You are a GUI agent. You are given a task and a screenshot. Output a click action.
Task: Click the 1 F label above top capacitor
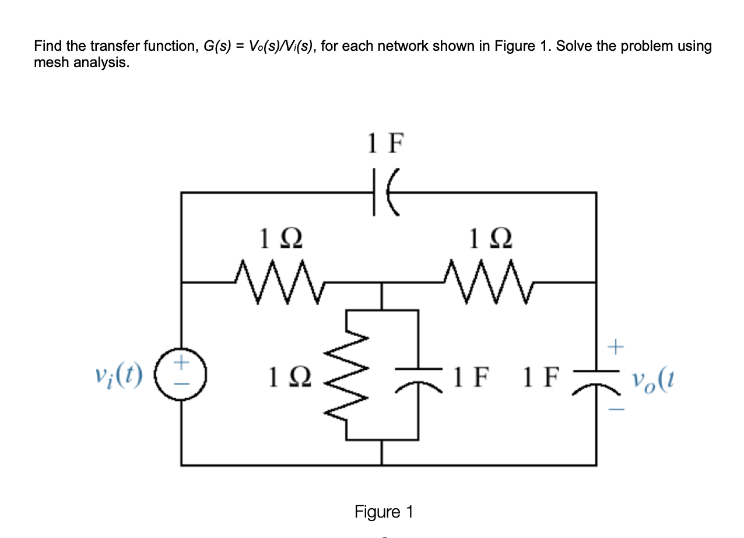point(385,144)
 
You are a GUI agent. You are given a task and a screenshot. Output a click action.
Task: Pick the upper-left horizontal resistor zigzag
point(278,282)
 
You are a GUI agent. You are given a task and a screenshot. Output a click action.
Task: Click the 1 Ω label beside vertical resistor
point(288,378)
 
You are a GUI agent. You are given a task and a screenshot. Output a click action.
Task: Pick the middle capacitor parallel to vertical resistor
point(418,375)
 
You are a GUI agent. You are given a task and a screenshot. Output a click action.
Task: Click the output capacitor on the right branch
point(595,375)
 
